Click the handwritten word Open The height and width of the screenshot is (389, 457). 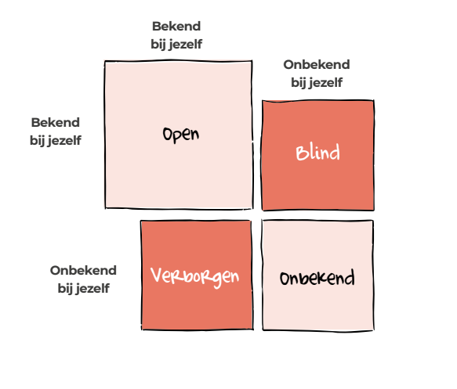(x=181, y=135)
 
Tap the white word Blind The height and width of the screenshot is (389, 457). (x=317, y=152)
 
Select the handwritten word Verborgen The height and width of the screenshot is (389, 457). (x=194, y=277)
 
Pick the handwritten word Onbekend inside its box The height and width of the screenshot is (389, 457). (x=317, y=278)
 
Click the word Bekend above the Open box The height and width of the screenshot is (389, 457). (x=176, y=26)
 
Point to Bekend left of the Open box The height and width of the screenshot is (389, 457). (x=56, y=122)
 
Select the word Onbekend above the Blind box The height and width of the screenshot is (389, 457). (x=317, y=65)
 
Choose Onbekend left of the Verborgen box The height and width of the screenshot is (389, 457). (x=83, y=270)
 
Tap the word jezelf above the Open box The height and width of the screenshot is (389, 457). (x=185, y=45)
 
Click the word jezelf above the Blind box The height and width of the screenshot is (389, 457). (x=325, y=83)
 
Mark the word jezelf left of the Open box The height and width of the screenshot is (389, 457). (x=64, y=141)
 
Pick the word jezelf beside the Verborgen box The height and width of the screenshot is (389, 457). (x=92, y=289)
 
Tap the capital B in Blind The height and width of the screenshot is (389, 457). (x=301, y=153)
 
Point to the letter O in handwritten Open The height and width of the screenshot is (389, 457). (x=167, y=134)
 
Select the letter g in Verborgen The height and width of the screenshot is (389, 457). (x=217, y=279)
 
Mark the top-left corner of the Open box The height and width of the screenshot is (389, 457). (x=105, y=61)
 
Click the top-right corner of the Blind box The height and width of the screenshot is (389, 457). (x=374, y=101)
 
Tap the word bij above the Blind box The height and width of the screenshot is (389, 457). (x=299, y=83)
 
